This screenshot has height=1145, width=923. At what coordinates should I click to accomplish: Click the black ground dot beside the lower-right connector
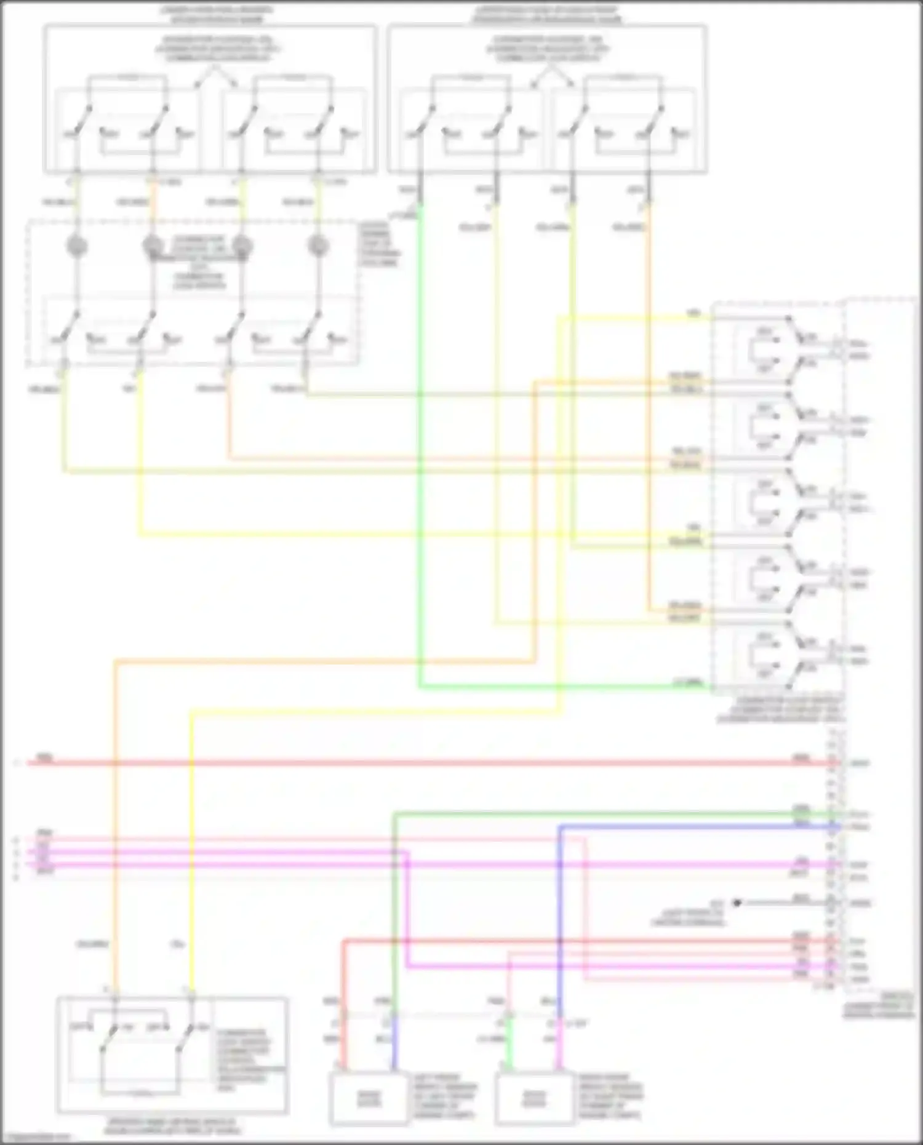click(736, 903)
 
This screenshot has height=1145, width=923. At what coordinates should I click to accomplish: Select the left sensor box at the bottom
click(369, 1098)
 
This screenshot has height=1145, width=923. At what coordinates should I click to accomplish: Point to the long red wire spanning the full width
click(431, 763)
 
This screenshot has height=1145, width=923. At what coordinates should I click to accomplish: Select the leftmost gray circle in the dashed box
click(76, 246)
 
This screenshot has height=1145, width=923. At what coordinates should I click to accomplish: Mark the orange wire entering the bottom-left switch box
click(114, 861)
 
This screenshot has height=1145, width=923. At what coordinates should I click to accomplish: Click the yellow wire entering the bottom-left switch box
click(191, 861)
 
